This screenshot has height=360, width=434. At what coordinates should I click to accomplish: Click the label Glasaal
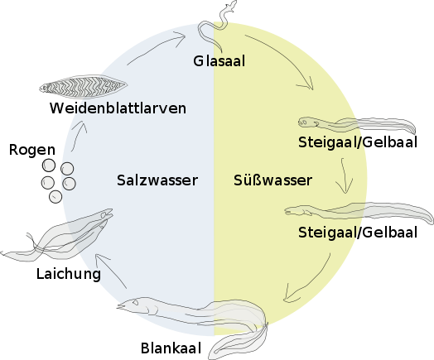[x=219, y=61]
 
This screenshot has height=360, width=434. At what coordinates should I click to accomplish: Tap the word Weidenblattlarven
[x=118, y=108]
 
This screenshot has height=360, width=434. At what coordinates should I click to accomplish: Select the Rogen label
[x=32, y=150]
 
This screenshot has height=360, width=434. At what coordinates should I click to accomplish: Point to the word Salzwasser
[x=157, y=180]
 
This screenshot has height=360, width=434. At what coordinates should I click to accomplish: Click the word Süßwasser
[x=273, y=180]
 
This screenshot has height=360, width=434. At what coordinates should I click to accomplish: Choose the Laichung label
[x=69, y=274]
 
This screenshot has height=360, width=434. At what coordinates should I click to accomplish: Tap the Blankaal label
[x=171, y=348]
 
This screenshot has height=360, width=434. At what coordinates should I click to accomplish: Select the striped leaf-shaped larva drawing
[x=83, y=87]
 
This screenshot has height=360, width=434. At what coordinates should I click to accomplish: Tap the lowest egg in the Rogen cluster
[x=55, y=197]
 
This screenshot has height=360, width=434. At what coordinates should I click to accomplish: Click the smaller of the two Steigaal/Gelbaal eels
[x=357, y=125]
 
